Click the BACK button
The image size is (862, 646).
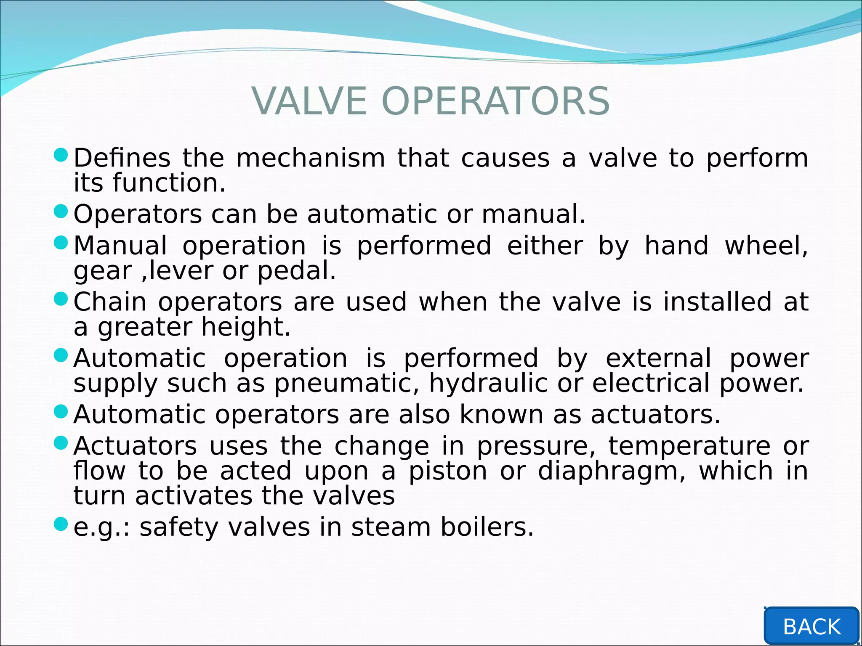click(811, 626)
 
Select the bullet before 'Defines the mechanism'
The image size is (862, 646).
click(61, 155)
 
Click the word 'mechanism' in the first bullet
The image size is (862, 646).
click(311, 158)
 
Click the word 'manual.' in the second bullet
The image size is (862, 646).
click(533, 214)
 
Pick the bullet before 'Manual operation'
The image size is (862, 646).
click(61, 243)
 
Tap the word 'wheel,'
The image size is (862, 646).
click(766, 246)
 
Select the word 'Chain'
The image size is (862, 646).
click(110, 302)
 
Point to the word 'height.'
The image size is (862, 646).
click(246, 327)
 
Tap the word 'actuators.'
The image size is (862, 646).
click(656, 415)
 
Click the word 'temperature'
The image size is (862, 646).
click(689, 446)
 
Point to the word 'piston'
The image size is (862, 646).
click(448, 471)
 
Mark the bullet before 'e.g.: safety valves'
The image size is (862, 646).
click(61, 524)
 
